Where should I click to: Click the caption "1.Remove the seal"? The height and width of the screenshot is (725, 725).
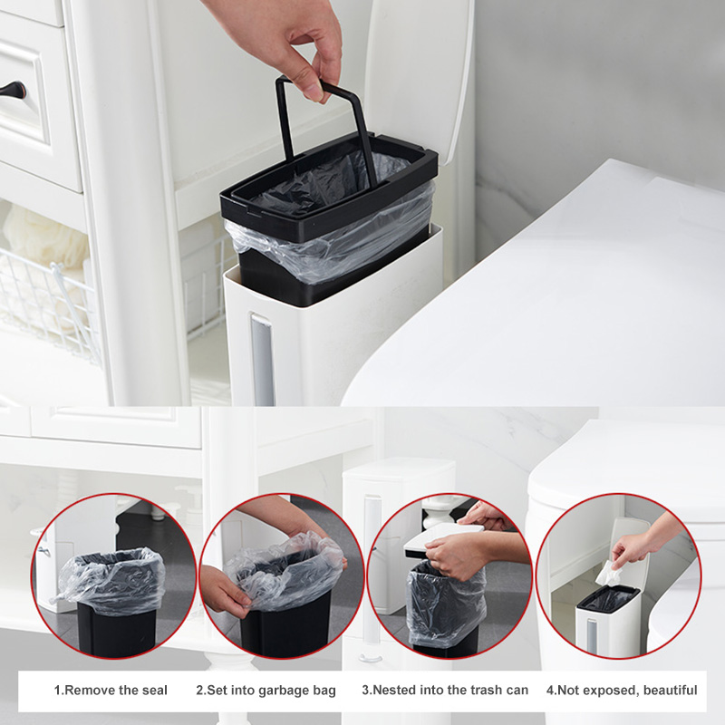pyautogui.click(x=111, y=691)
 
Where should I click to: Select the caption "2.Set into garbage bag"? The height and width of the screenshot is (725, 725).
pyautogui.click(x=266, y=691)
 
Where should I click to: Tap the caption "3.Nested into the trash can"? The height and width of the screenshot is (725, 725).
pyautogui.click(x=445, y=691)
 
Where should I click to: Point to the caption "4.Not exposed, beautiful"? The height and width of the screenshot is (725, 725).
pyautogui.click(x=622, y=691)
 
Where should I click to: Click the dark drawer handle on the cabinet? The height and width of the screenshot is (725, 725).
pyautogui.click(x=13, y=92)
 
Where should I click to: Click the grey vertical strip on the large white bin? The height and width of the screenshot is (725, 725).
pyautogui.click(x=260, y=361)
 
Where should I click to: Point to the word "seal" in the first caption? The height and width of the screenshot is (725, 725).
pyautogui.click(x=153, y=691)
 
